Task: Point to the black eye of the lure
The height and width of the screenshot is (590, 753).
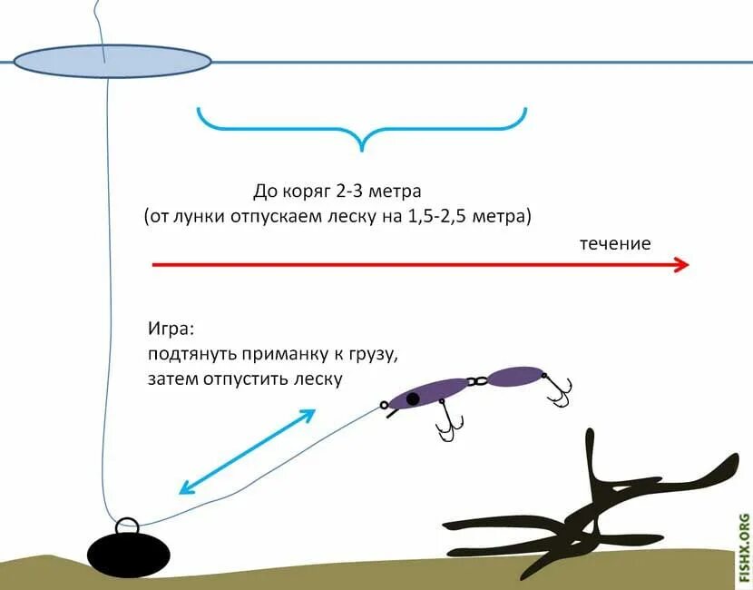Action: [413, 398]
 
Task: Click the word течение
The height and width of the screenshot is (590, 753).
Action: [616, 243]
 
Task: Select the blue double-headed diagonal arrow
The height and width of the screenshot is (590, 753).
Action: [247, 451]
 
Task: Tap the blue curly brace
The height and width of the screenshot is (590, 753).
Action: [362, 126]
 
